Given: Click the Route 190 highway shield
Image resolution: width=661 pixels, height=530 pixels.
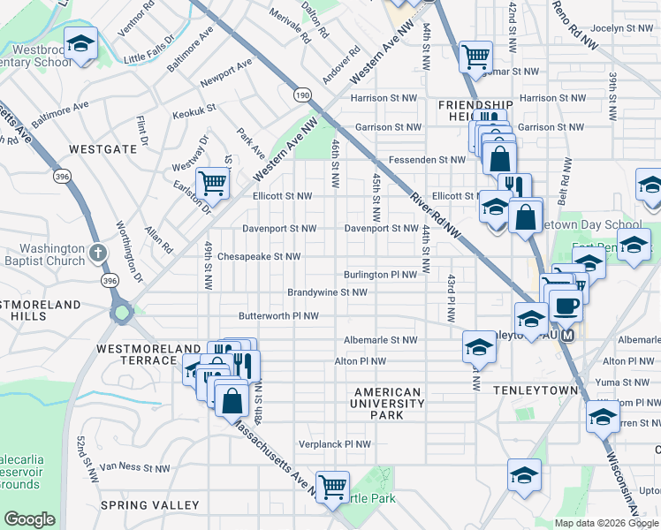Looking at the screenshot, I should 303,94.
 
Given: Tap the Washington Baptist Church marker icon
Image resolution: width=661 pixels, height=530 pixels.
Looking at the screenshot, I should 99,254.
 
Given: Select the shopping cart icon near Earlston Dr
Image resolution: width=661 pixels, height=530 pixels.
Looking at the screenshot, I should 213,183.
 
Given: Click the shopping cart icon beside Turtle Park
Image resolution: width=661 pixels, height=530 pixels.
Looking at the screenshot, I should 333,485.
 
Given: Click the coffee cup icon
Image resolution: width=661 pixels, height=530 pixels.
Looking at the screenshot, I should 566,306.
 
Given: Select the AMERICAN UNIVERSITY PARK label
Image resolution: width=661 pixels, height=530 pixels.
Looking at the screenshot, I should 387,403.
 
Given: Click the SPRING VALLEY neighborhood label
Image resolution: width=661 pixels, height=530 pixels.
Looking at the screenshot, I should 149,504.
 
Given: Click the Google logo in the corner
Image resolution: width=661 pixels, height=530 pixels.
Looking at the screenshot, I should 30,519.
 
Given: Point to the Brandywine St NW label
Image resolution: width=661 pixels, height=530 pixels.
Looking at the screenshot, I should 327,292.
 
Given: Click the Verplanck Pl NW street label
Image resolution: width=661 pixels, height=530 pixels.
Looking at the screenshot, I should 332,444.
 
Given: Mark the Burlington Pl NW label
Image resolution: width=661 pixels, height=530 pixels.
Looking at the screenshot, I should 380,275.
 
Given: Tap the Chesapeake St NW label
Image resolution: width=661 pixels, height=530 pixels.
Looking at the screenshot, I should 259,257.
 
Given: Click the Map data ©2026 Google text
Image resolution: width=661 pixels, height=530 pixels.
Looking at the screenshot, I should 606,522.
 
